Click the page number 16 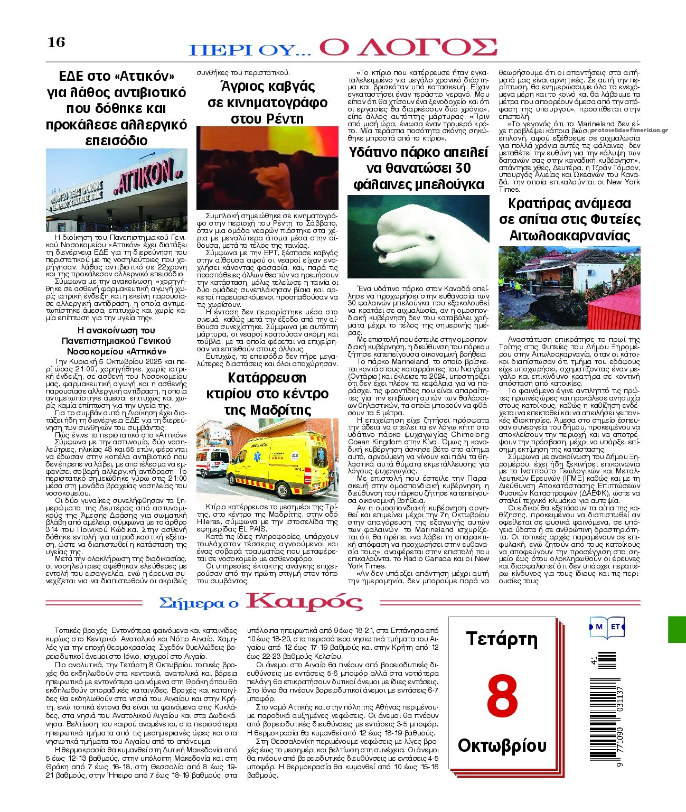click(x=57, y=42)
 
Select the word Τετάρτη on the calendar click(x=502, y=639)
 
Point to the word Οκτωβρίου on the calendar click(x=502, y=745)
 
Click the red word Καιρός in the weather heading click(x=305, y=601)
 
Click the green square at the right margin click(x=677, y=629)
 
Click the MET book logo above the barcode click(x=607, y=627)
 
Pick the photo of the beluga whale click(x=418, y=236)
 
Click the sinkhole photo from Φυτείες click(x=569, y=288)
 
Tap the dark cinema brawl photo click(x=267, y=168)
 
